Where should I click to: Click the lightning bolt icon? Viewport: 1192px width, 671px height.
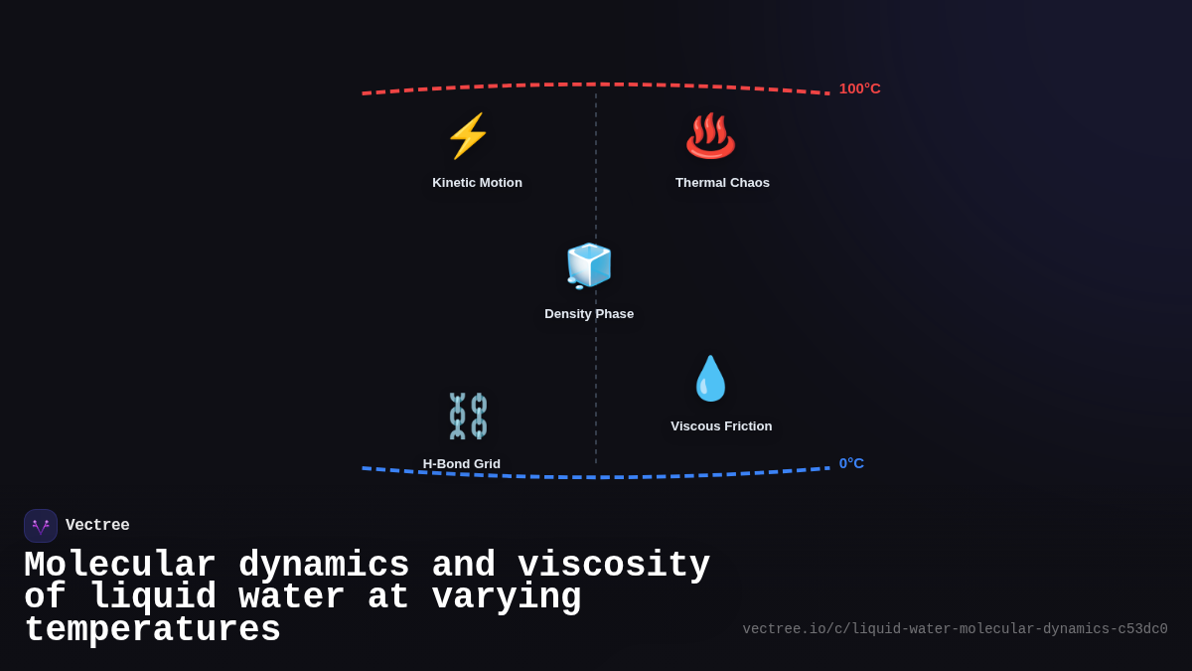coord(468,136)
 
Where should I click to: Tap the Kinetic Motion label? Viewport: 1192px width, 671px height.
coord(477,183)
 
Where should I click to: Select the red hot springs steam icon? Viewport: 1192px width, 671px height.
coord(710,136)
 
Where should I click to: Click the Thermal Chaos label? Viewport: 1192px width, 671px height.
coord(722,183)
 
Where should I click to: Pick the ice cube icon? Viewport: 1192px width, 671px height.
coord(589,265)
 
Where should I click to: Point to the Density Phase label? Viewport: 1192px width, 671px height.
coord(589,314)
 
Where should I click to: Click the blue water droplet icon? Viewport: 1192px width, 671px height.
coord(710,379)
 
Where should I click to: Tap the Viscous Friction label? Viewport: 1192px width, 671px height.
coord(721,426)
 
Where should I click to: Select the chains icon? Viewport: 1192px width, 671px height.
coord(468,416)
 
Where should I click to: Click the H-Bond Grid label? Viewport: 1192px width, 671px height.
coord(462,464)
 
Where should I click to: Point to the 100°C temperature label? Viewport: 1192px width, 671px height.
coord(859,88)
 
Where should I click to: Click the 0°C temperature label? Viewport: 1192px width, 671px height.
coord(851,463)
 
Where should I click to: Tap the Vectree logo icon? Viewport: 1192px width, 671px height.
coord(41,526)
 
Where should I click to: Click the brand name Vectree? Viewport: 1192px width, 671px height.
coord(97,526)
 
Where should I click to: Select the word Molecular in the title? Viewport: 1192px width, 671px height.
coord(120,566)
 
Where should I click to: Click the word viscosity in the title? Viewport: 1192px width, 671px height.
coord(614,566)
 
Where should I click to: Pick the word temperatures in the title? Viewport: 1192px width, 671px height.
coord(152,630)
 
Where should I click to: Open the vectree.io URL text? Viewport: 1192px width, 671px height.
coord(955,629)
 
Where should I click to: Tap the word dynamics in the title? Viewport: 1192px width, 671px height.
coord(324,566)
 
